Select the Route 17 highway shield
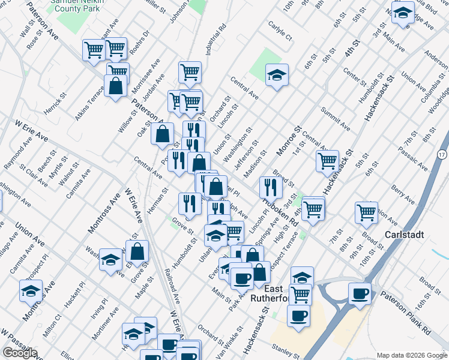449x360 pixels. [x=442, y=154]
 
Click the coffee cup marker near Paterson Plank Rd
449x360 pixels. [x=360, y=294]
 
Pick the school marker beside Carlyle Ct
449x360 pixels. [x=277, y=75]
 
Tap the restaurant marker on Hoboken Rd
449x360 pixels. [x=271, y=187]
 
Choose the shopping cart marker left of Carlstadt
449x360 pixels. [x=366, y=212]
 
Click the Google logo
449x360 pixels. [x=20, y=353]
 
